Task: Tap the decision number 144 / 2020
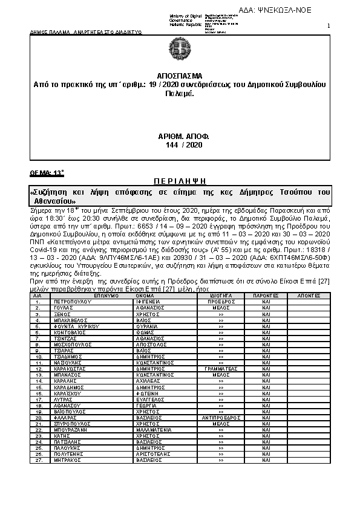pyautogui.click(x=180, y=146)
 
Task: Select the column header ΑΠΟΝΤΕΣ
pyautogui.click(x=309, y=296)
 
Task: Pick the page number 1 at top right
pyautogui.click(x=328, y=25)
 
